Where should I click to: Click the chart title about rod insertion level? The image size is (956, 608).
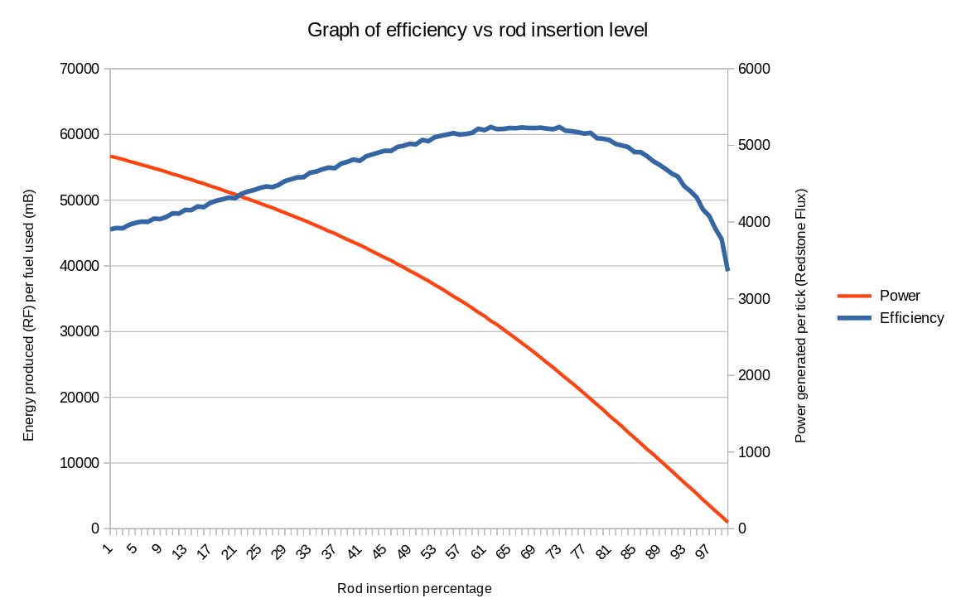click(477, 31)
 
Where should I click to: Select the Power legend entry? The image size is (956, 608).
click(900, 295)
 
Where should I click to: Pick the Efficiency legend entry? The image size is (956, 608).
click(911, 318)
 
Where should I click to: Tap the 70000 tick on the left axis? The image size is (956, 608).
click(80, 69)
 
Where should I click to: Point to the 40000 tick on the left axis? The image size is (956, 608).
click(80, 266)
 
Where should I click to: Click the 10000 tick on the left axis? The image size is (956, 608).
click(80, 463)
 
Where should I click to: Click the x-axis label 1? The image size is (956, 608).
click(109, 547)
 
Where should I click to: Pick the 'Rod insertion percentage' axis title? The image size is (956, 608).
click(414, 589)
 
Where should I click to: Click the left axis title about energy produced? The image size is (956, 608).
click(29, 315)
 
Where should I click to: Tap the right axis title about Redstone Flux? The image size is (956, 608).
click(800, 315)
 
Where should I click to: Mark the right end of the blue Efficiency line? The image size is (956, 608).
click(727, 270)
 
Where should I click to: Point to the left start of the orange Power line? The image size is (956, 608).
click(111, 156)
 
